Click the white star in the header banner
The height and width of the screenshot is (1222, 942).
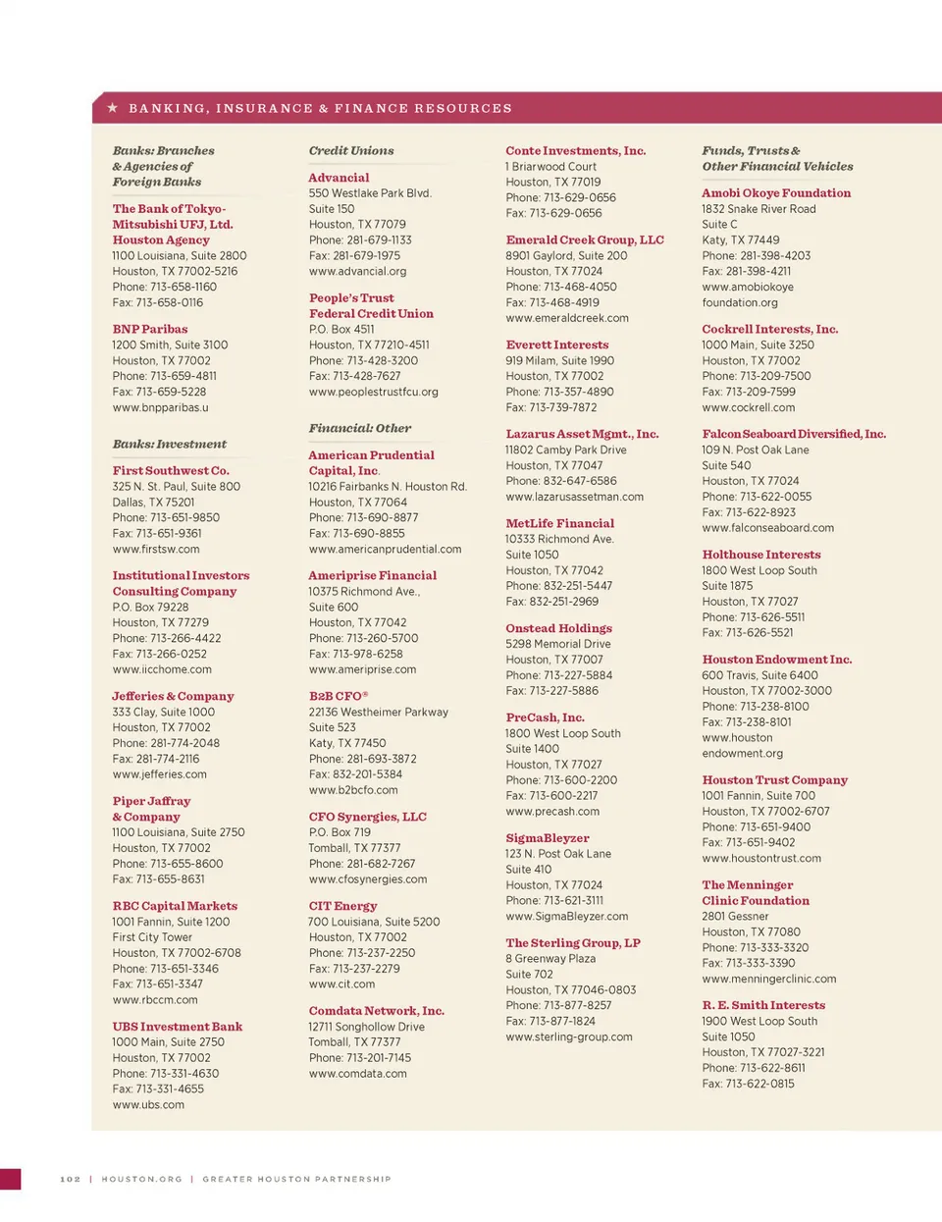click(x=113, y=108)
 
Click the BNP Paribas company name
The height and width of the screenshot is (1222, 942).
click(x=150, y=330)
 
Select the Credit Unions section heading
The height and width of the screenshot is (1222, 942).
click(x=351, y=151)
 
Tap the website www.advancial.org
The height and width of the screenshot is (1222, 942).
click(x=357, y=272)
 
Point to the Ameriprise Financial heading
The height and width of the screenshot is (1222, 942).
click(x=373, y=576)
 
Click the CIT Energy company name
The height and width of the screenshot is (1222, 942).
click(x=342, y=907)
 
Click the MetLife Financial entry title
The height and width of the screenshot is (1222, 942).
click(x=559, y=524)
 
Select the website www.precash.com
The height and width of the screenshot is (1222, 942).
click(x=552, y=812)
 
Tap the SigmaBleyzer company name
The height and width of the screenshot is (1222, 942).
click(x=548, y=839)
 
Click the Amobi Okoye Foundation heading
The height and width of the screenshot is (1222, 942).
click(x=776, y=193)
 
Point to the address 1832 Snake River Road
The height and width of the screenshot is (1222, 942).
click(x=759, y=209)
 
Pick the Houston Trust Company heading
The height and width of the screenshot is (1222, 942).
click(x=774, y=780)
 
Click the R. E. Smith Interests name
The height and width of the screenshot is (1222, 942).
click(x=763, y=1006)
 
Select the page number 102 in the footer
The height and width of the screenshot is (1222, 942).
click(x=71, y=1179)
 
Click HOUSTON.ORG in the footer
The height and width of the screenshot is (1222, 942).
click(x=141, y=1179)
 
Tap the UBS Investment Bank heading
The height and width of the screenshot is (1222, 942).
click(x=177, y=1028)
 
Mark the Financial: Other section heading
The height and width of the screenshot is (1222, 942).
click(x=360, y=429)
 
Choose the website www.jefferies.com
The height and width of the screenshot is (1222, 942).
click(x=160, y=774)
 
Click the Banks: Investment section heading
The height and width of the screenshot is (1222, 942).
click(x=169, y=445)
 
